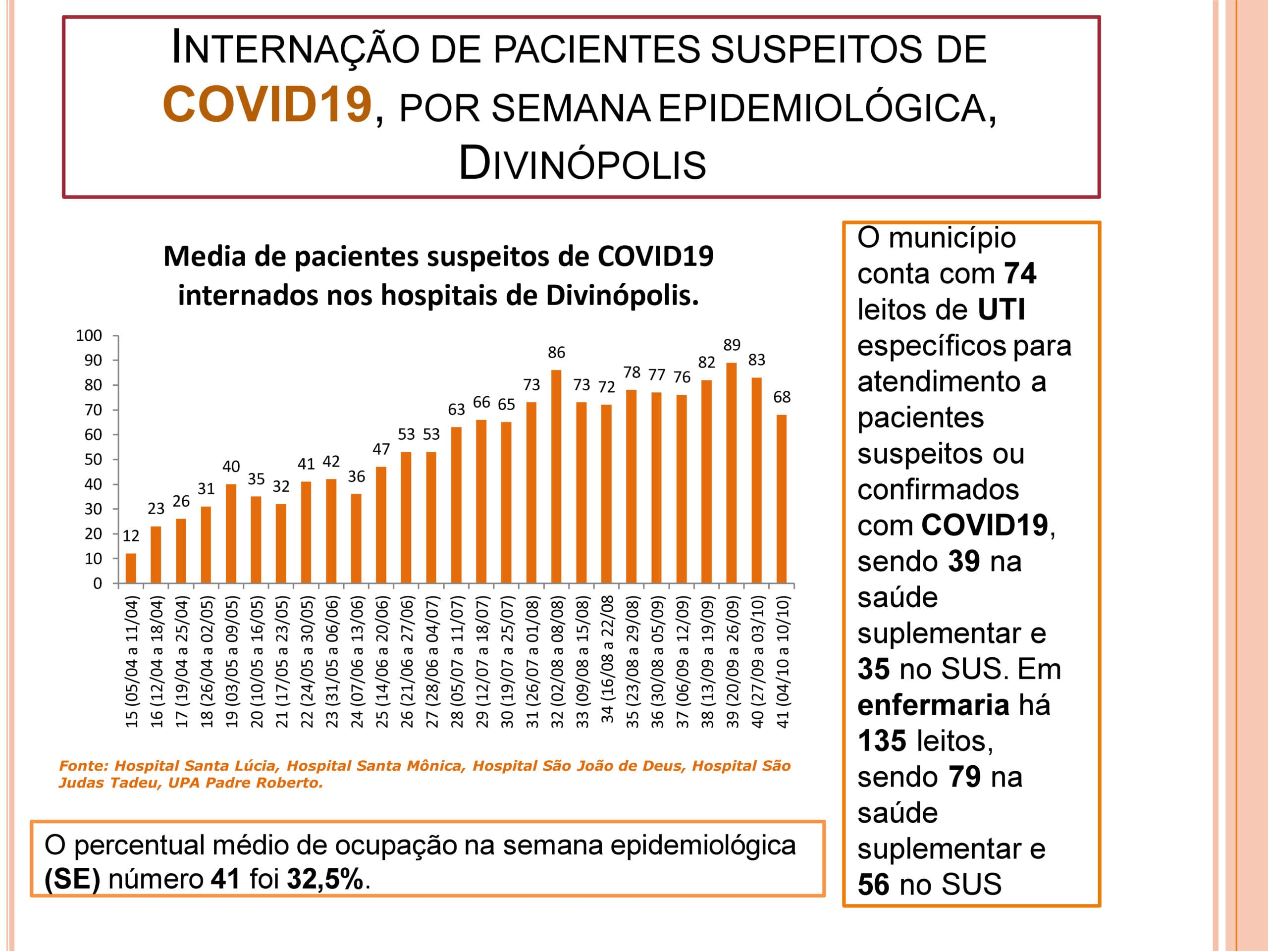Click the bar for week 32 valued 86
556,476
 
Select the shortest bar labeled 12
131,568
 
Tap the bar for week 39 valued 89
732,473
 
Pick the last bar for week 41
781,499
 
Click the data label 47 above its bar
381,449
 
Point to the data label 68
782,397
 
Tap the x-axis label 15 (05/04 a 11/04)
132,662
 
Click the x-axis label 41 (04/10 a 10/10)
783,662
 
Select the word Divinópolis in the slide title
582,163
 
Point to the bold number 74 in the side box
1020,273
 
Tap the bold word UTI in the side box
1001,309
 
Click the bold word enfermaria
933,704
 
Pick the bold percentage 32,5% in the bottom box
325,878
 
